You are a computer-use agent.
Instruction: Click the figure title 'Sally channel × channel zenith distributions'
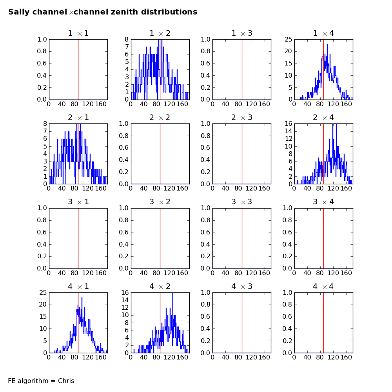tap(103, 12)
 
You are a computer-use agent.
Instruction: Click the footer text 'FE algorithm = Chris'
tap(41, 381)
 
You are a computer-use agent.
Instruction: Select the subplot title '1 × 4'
tap(323, 33)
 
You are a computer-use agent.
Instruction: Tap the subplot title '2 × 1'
tap(78, 118)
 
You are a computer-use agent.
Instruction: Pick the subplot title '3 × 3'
tap(241, 202)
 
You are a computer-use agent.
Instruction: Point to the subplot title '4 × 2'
tap(160, 287)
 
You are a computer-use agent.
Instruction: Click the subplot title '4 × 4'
tap(323, 287)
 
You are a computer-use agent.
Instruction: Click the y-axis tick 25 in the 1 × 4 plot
tap(287, 40)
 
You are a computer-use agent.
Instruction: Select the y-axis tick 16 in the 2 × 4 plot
tap(287, 124)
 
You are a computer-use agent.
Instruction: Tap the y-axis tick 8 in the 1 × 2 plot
tap(127, 40)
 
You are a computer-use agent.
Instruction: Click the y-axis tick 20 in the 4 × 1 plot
tap(42, 305)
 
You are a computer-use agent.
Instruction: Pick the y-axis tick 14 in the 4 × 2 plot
tap(123, 300)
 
